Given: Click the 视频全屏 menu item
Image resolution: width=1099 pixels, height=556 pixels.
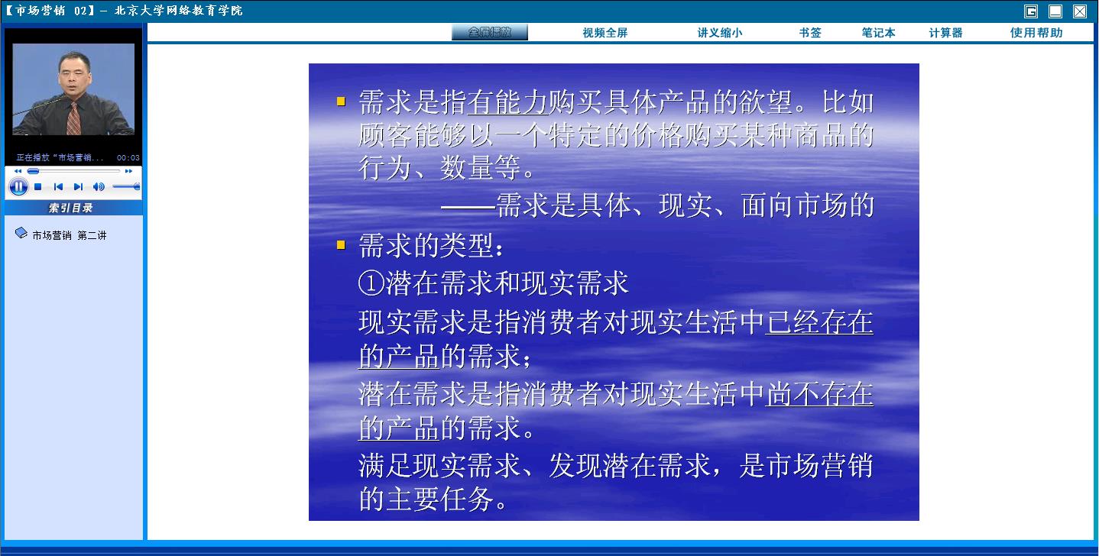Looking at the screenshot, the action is [x=605, y=33].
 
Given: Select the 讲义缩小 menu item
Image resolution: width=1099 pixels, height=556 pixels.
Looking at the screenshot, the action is [x=720, y=33].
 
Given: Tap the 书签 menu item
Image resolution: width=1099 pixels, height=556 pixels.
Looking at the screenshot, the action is [x=810, y=33].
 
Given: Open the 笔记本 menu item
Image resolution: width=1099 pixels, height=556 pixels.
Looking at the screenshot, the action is [x=878, y=33].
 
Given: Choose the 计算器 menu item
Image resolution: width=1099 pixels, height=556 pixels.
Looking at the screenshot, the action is [x=945, y=33].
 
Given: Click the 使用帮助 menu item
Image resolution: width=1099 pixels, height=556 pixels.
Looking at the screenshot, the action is [x=1036, y=33].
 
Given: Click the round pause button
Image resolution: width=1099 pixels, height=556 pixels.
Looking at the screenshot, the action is [x=18, y=187].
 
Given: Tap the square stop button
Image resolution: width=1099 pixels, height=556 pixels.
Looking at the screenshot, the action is [x=37, y=187].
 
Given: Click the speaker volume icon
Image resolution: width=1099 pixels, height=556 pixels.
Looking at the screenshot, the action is [x=99, y=187].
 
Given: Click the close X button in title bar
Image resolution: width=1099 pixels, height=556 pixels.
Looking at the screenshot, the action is [x=1079, y=11].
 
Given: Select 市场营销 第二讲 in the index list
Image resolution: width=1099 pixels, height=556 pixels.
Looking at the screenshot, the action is [x=70, y=235].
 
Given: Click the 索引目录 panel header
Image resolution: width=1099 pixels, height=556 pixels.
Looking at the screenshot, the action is [x=71, y=208].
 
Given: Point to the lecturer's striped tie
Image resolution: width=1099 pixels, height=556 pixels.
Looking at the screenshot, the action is [x=73, y=118].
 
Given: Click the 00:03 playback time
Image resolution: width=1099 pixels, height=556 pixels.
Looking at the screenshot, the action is [x=128, y=158].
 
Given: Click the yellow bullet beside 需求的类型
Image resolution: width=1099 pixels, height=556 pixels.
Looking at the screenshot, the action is [x=341, y=244].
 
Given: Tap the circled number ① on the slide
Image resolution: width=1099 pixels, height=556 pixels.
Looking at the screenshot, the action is [x=371, y=283].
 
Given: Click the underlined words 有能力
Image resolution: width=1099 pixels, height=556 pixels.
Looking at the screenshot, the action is [x=507, y=102].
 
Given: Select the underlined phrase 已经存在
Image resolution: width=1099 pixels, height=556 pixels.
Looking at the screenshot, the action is [x=819, y=322].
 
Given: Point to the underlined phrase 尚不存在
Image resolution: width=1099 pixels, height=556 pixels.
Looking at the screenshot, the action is [x=819, y=395].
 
